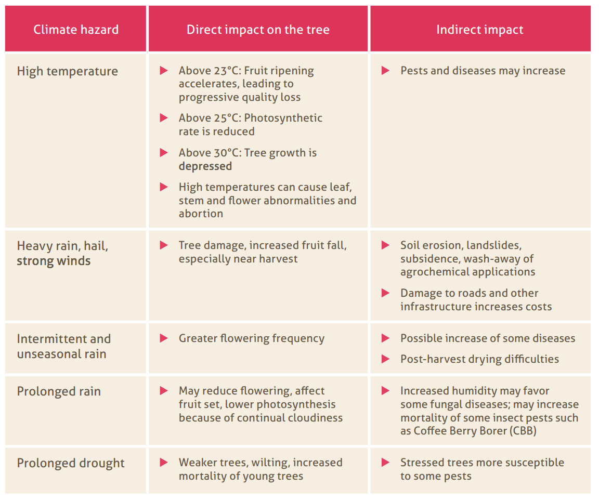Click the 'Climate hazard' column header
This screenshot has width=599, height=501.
(x=76, y=30)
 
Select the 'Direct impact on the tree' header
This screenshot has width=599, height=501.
(x=258, y=30)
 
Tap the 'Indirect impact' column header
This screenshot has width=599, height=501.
(x=479, y=30)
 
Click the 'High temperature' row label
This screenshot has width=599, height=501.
(x=68, y=71)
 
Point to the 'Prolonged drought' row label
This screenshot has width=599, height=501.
(x=71, y=463)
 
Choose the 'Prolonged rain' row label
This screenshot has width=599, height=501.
(x=59, y=391)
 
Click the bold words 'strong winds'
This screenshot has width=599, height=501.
(x=54, y=261)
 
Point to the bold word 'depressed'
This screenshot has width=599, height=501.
(x=205, y=166)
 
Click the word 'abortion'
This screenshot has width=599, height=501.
(x=201, y=214)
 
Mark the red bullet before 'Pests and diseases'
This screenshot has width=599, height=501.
(x=385, y=70)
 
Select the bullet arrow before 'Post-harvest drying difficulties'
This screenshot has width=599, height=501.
(x=385, y=359)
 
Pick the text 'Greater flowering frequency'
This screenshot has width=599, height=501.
(x=252, y=338)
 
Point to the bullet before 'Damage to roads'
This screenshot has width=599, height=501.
(x=385, y=293)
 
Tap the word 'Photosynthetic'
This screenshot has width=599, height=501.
(x=283, y=118)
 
